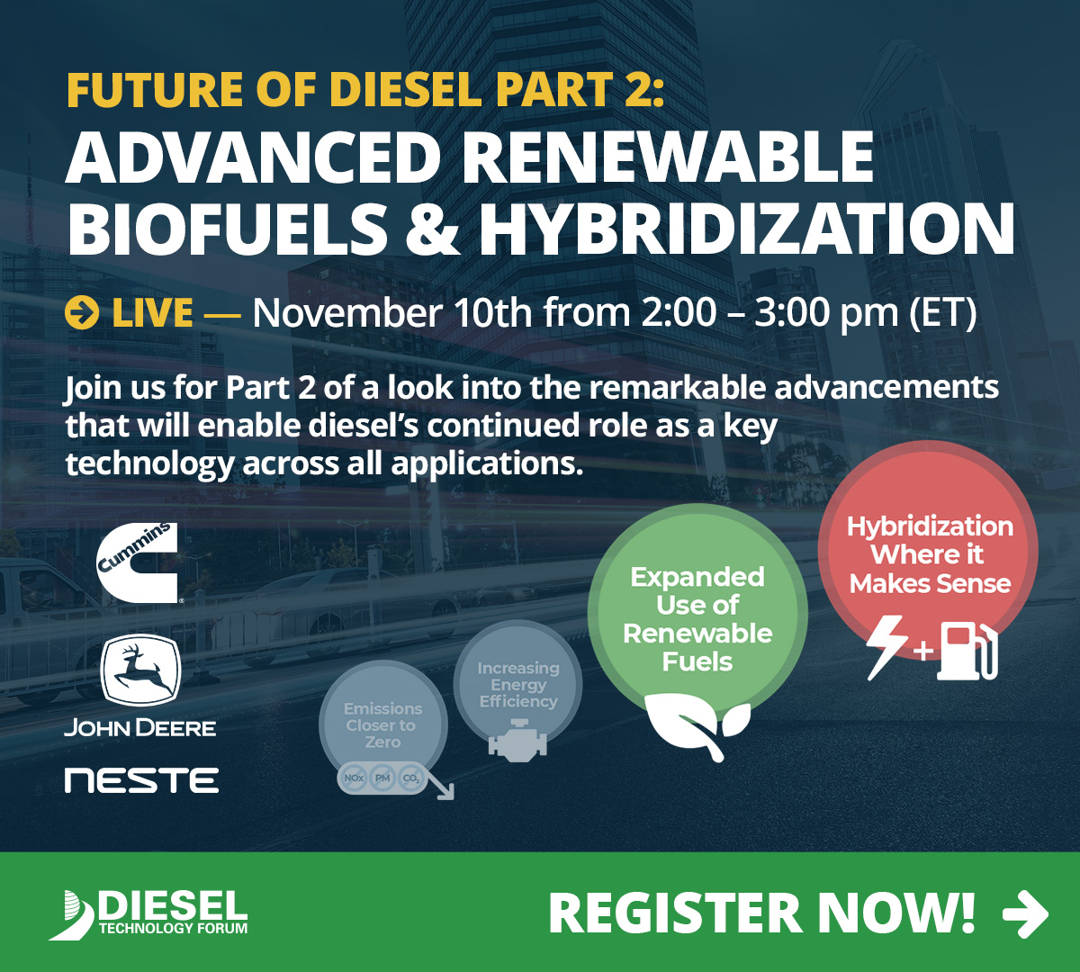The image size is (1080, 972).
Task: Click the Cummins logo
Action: [138, 561]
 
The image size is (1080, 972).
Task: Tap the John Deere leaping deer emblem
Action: [140, 670]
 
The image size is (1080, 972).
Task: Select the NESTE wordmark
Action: [141, 780]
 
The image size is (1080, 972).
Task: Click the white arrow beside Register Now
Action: [1025, 913]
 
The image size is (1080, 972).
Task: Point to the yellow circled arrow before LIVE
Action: [82, 313]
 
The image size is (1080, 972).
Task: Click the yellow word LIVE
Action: [152, 313]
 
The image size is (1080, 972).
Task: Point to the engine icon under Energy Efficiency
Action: [517, 741]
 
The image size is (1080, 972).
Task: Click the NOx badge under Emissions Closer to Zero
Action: [354, 778]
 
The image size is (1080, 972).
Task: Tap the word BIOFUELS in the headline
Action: [227, 229]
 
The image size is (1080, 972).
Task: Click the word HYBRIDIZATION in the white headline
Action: [747, 229]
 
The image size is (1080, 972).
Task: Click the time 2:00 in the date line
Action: [679, 313]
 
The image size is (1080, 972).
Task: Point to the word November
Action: [346, 313]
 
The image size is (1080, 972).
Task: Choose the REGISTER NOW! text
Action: [761, 913]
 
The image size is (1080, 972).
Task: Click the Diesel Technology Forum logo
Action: [149, 913]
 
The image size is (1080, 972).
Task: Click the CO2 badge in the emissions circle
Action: [411, 778]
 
